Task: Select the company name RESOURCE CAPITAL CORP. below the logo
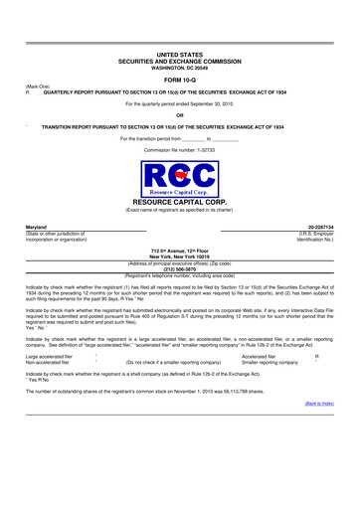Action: (x=179, y=202)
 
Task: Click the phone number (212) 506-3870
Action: (x=179, y=267)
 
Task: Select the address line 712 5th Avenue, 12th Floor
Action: (x=179, y=249)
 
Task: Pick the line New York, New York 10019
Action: (x=179, y=254)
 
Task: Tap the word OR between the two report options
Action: (x=179, y=115)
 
